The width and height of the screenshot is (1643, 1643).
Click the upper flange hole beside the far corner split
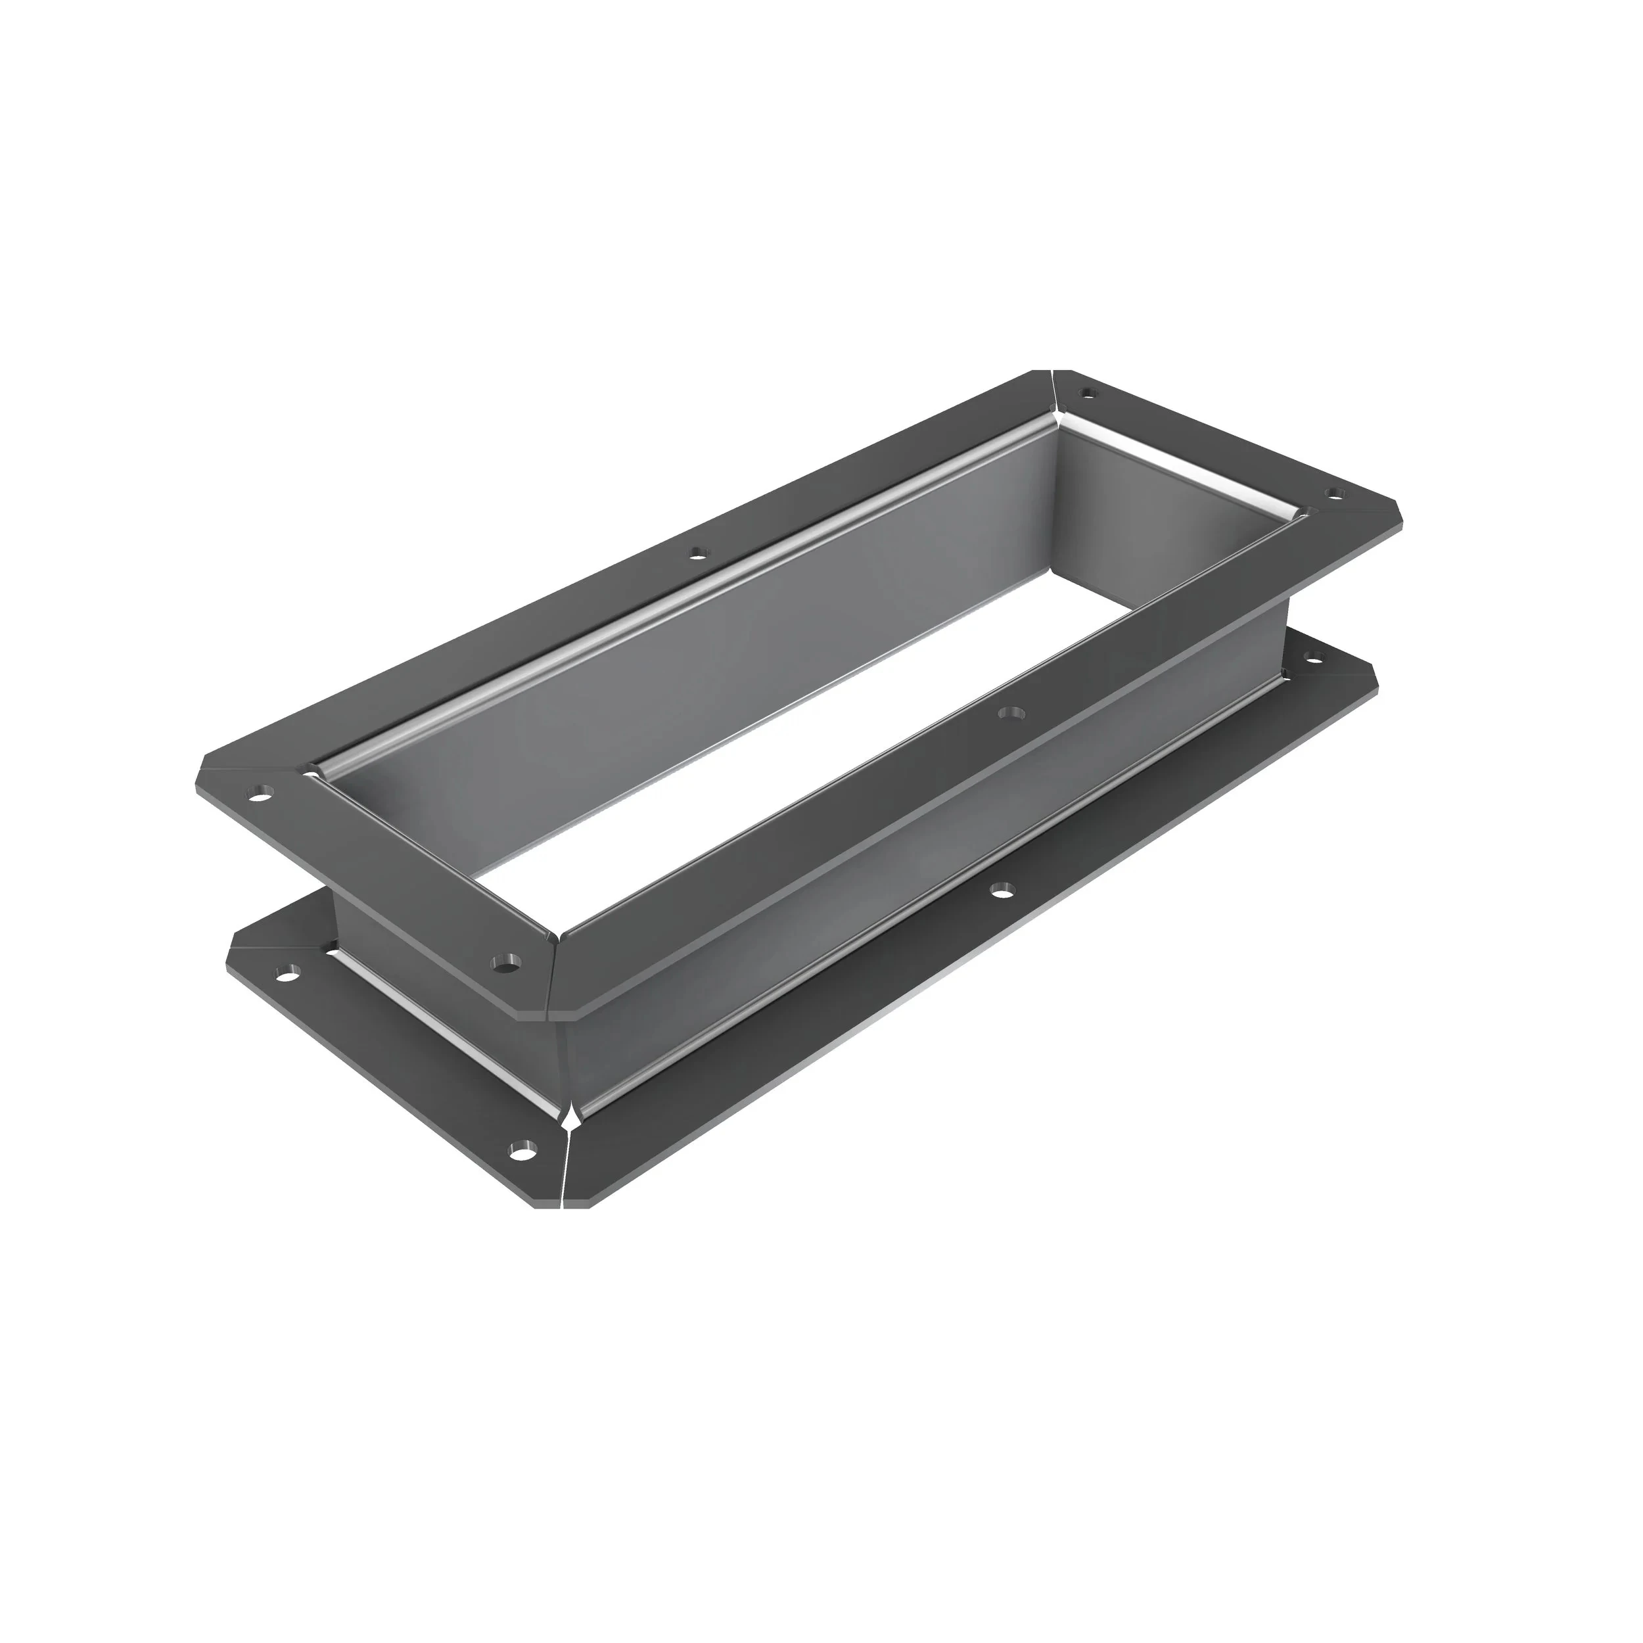click(x=1086, y=393)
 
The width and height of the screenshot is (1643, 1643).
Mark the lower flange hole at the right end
click(x=1315, y=657)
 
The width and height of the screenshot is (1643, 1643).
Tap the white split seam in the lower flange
click(x=567, y=1157)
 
